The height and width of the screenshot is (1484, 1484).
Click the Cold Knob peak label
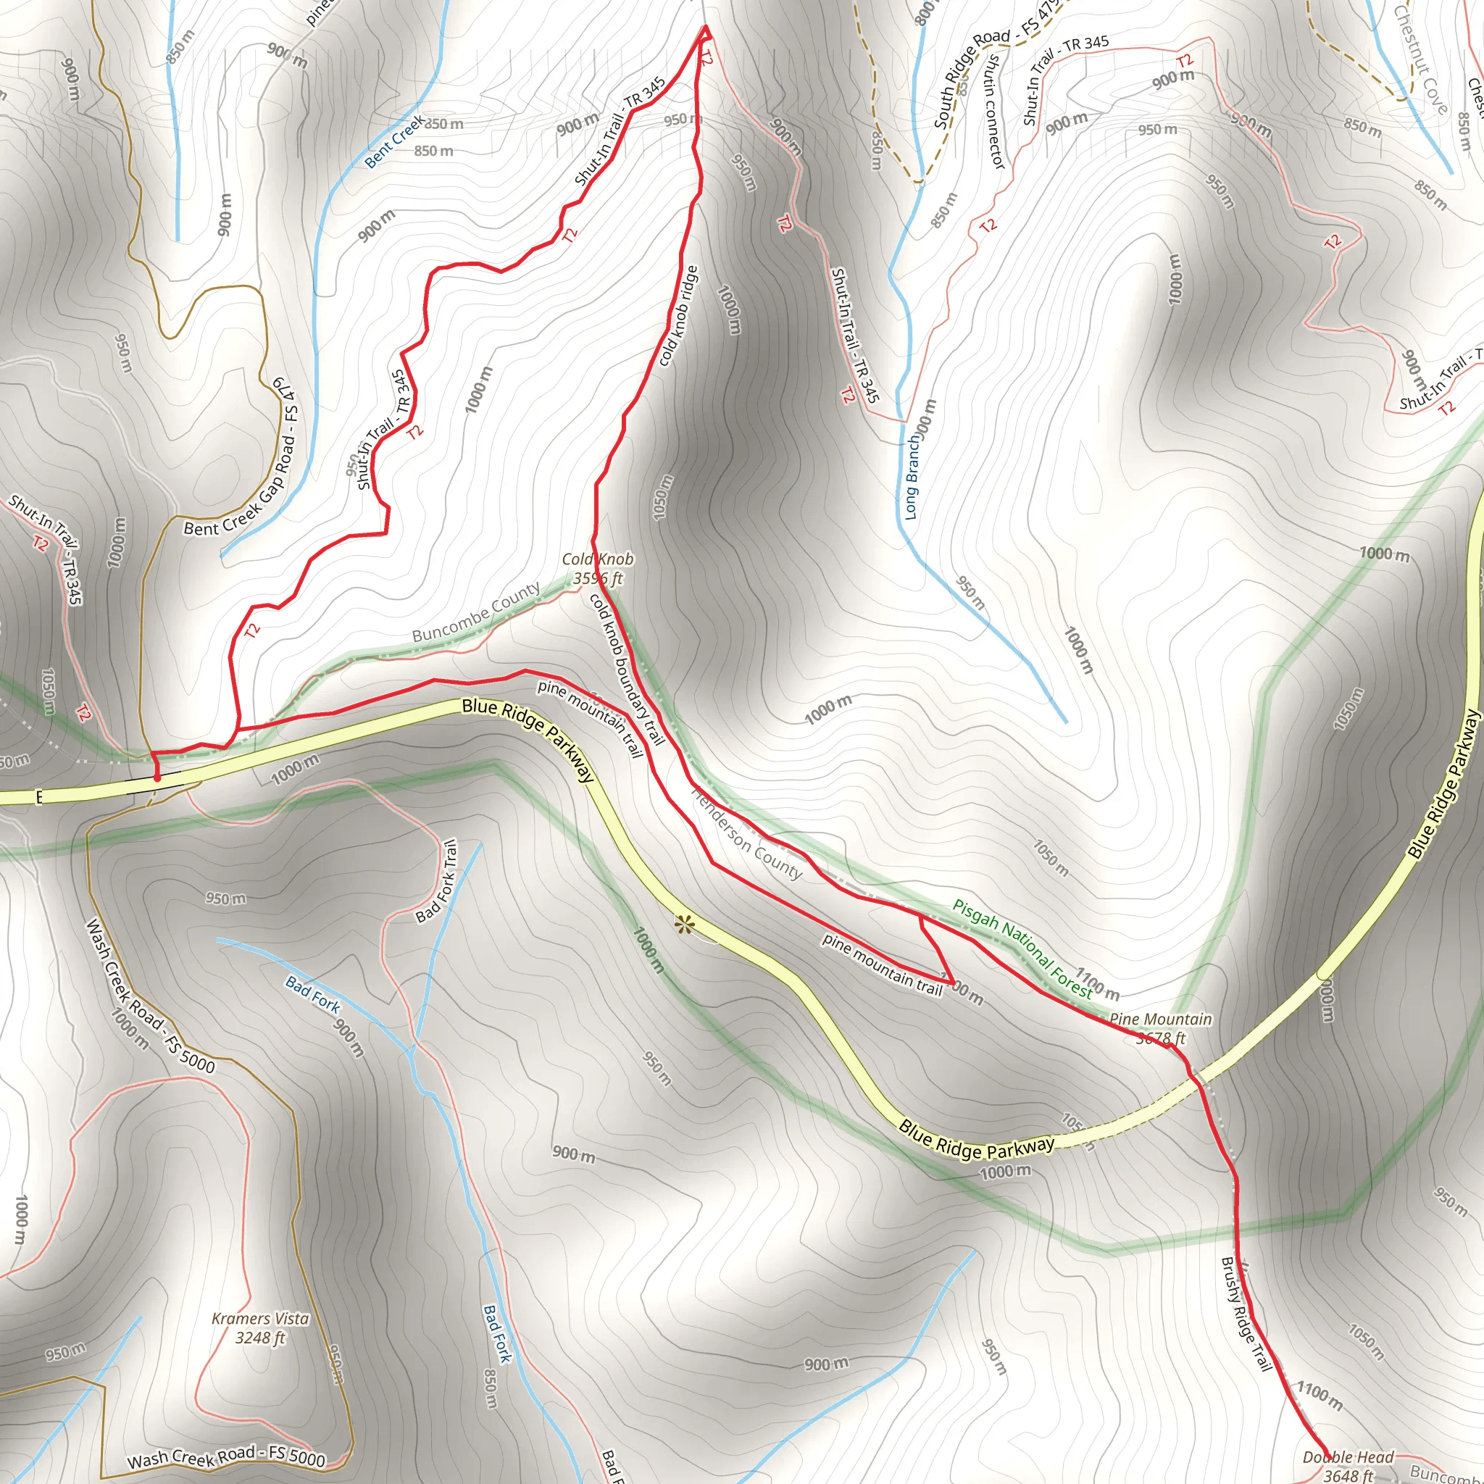point(598,568)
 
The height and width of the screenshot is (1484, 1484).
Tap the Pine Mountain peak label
point(1161,1027)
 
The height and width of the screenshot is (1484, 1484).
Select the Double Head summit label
point(1348,1464)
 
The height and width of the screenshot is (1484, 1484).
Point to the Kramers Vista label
point(260,1327)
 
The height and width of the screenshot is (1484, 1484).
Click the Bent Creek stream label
point(393,141)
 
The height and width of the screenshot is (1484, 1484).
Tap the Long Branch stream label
point(912,478)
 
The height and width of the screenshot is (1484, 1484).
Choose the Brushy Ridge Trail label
point(1246,1314)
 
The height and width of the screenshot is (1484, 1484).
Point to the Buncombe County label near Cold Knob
point(476,612)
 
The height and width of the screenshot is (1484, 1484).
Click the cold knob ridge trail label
point(678,316)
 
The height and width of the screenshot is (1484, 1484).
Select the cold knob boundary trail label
point(627,668)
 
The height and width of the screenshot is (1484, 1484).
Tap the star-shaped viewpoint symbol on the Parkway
point(681,925)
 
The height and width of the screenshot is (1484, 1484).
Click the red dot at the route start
point(157,778)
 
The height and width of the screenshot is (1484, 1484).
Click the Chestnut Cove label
point(1420,60)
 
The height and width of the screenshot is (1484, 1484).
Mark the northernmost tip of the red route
point(705,27)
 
